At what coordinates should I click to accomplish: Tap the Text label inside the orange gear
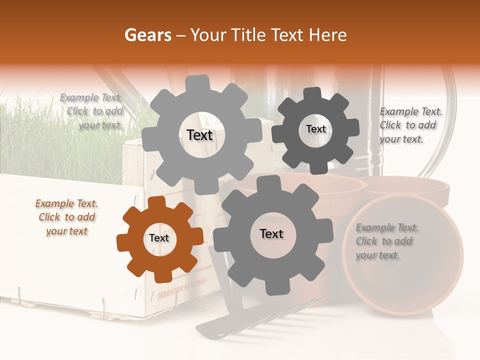click(159, 238)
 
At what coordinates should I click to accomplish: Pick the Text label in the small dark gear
click(315, 129)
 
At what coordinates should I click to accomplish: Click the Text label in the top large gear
click(199, 135)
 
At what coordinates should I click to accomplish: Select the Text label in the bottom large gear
click(271, 234)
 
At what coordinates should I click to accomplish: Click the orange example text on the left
click(66, 217)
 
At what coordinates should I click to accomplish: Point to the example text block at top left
click(91, 111)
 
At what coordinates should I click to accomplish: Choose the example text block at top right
click(410, 125)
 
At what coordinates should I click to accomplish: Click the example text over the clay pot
click(386, 241)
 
